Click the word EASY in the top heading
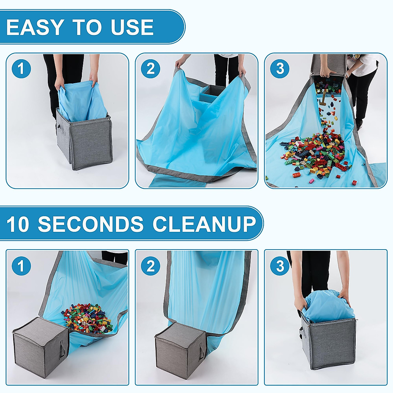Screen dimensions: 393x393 coord(34,27)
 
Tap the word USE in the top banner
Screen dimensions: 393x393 coord(132,27)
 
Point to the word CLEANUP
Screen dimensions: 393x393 coord(204,224)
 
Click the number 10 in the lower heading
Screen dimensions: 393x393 coord(18,224)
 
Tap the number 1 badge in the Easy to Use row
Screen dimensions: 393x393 coord(21,69)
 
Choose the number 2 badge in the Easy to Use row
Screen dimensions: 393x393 coord(151,69)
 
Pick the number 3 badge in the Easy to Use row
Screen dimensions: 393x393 coord(280,69)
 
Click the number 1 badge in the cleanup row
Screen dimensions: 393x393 coord(21,266)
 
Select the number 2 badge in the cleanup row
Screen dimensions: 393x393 coord(151,266)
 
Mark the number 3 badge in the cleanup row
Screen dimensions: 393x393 coord(280,266)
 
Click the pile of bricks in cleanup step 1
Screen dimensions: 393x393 coord(87,321)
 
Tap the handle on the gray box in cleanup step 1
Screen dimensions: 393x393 coord(62,349)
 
